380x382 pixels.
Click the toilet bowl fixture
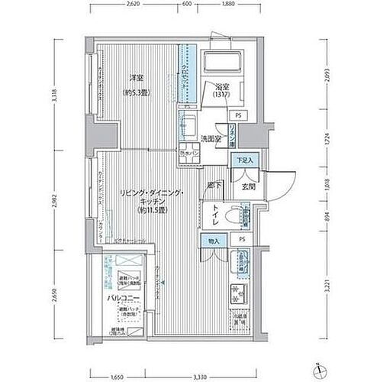click(x=243, y=215)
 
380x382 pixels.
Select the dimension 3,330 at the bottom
click(x=200, y=376)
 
